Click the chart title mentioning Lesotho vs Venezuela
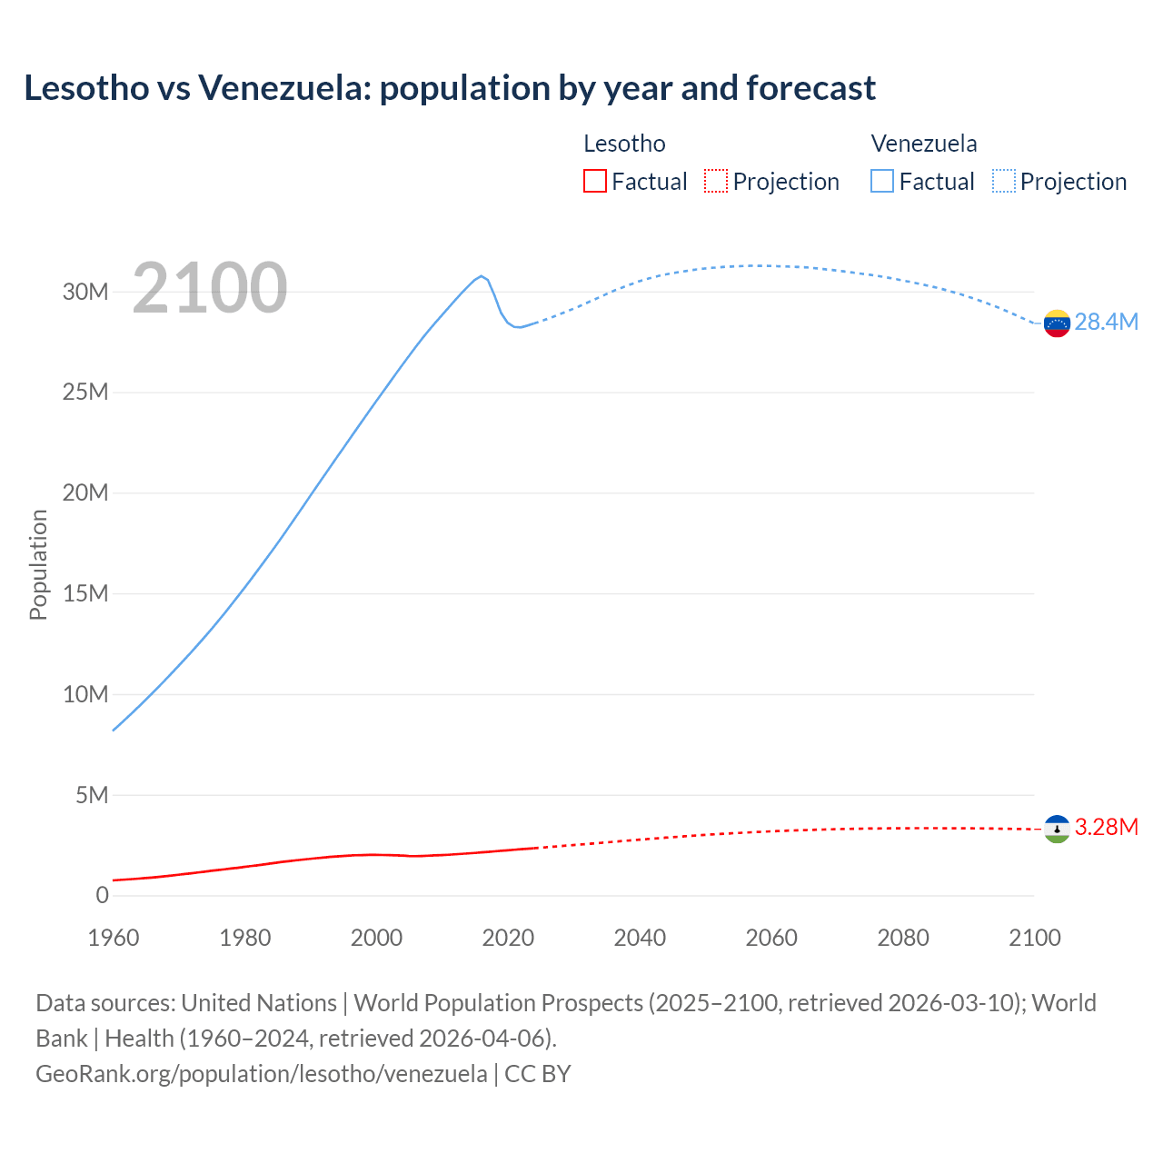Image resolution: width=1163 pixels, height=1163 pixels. tap(450, 88)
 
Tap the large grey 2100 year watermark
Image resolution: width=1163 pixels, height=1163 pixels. tap(210, 288)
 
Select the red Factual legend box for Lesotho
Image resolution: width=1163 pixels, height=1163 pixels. tap(594, 181)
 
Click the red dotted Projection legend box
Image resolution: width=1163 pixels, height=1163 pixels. tap(716, 181)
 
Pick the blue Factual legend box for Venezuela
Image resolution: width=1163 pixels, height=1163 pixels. tap(882, 181)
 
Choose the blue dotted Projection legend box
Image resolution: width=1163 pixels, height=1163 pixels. tap(1004, 181)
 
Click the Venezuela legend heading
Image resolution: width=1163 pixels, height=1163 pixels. tap(924, 144)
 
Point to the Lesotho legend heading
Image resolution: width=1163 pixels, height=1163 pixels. tap(624, 144)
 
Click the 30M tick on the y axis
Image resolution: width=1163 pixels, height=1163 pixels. tap(85, 292)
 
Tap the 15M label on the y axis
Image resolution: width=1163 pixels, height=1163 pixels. tap(85, 593)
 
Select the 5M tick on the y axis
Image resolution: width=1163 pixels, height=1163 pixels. tap(92, 795)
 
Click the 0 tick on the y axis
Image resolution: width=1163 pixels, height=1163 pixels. tap(102, 895)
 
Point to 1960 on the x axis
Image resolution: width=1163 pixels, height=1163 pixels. tap(114, 938)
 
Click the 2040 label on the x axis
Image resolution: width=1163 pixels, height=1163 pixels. tap(640, 938)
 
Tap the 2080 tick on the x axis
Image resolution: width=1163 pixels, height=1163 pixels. tap(903, 938)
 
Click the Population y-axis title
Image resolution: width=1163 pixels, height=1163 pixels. tap(38, 564)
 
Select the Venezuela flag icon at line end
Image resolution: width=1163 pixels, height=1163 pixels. tap(1057, 323)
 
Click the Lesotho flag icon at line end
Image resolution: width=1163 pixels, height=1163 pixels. tap(1057, 829)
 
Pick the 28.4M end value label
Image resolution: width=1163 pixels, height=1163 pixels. tap(1106, 323)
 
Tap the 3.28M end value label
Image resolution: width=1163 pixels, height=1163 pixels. tap(1106, 828)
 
